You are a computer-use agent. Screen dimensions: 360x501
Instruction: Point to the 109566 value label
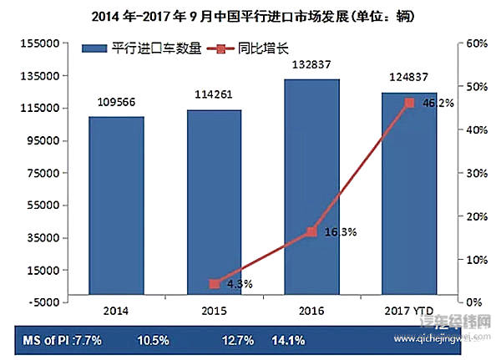click(x=116, y=102)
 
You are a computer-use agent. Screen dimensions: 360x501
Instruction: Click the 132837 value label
click(x=312, y=65)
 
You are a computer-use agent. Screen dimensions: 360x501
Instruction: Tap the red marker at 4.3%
click(x=215, y=284)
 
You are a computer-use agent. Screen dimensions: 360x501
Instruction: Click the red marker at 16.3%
click(x=312, y=231)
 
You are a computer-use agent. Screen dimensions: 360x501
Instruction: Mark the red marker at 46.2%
click(x=409, y=103)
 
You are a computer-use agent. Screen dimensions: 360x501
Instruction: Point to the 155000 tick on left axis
click(x=38, y=43)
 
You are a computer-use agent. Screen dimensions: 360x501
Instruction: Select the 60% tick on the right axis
click(x=477, y=43)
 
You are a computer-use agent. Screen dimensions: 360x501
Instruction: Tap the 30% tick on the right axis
click(x=477, y=173)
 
